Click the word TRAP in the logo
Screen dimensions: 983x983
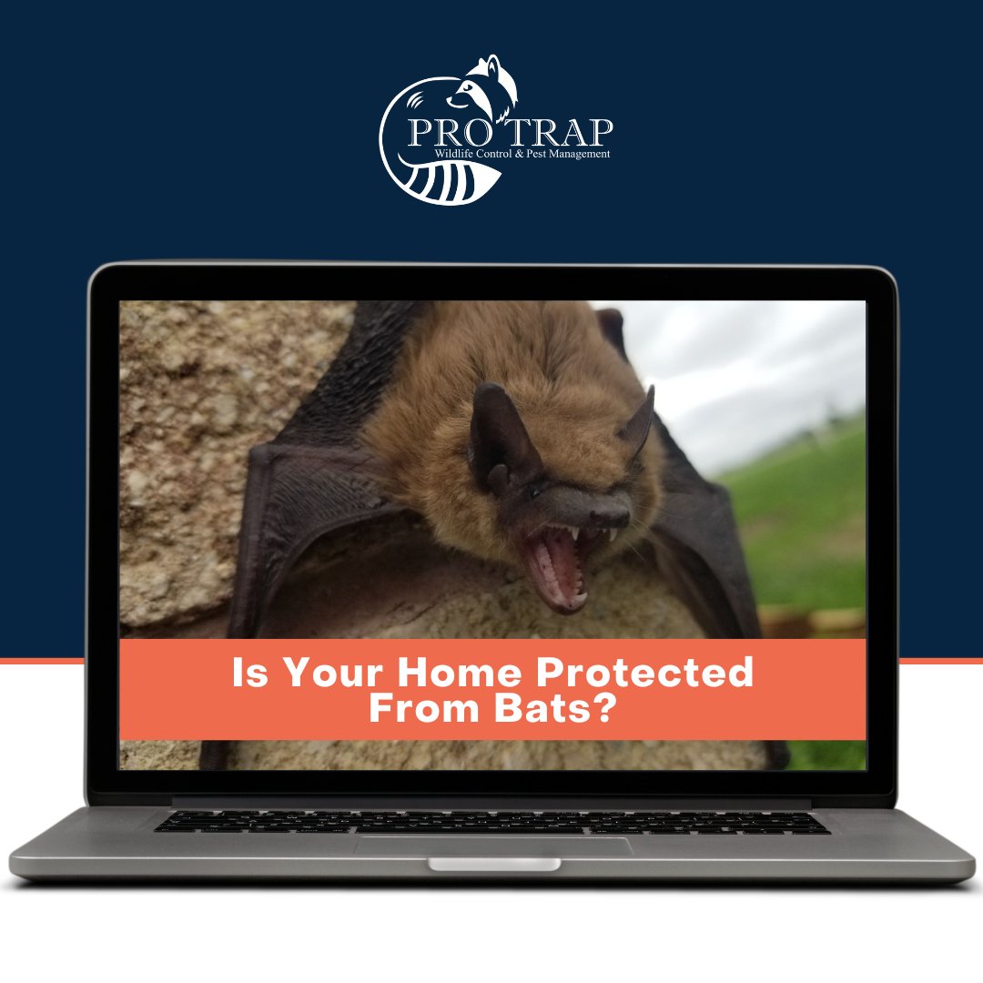tap(563, 132)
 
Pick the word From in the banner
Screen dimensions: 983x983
tap(420, 710)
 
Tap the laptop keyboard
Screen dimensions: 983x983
tap(491, 821)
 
